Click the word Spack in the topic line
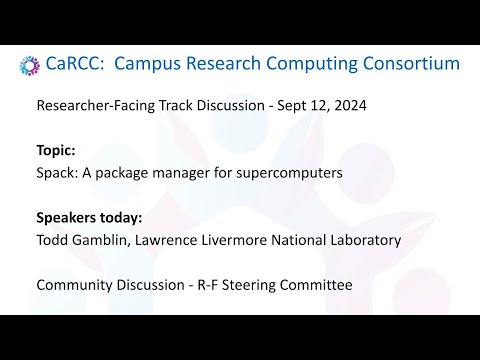(x=54, y=172)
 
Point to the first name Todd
(x=52, y=239)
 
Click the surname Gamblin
(x=107, y=239)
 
